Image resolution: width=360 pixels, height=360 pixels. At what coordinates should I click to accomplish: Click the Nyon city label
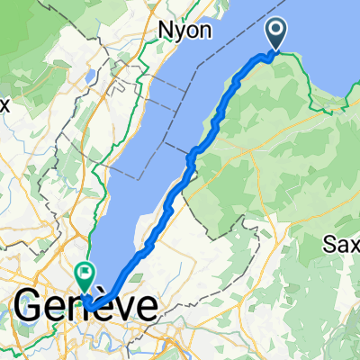coord(184,30)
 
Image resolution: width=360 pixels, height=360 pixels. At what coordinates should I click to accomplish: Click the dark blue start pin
coord(275,35)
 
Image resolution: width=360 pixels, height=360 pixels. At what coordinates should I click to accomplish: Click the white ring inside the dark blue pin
coord(275,31)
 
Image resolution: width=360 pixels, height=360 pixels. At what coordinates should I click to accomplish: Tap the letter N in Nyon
coord(166,30)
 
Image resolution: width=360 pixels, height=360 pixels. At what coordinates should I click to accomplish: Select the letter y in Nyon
coord(179,31)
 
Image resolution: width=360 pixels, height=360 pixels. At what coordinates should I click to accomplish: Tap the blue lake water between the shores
coord(162,135)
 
